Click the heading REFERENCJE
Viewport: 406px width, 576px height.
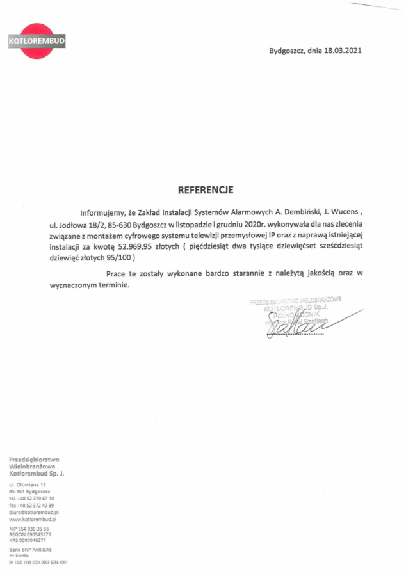tap(206, 189)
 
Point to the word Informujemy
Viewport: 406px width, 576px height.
tap(101, 212)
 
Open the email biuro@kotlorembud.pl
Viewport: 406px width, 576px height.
tap(34, 513)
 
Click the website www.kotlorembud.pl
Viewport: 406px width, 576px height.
tap(34, 520)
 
